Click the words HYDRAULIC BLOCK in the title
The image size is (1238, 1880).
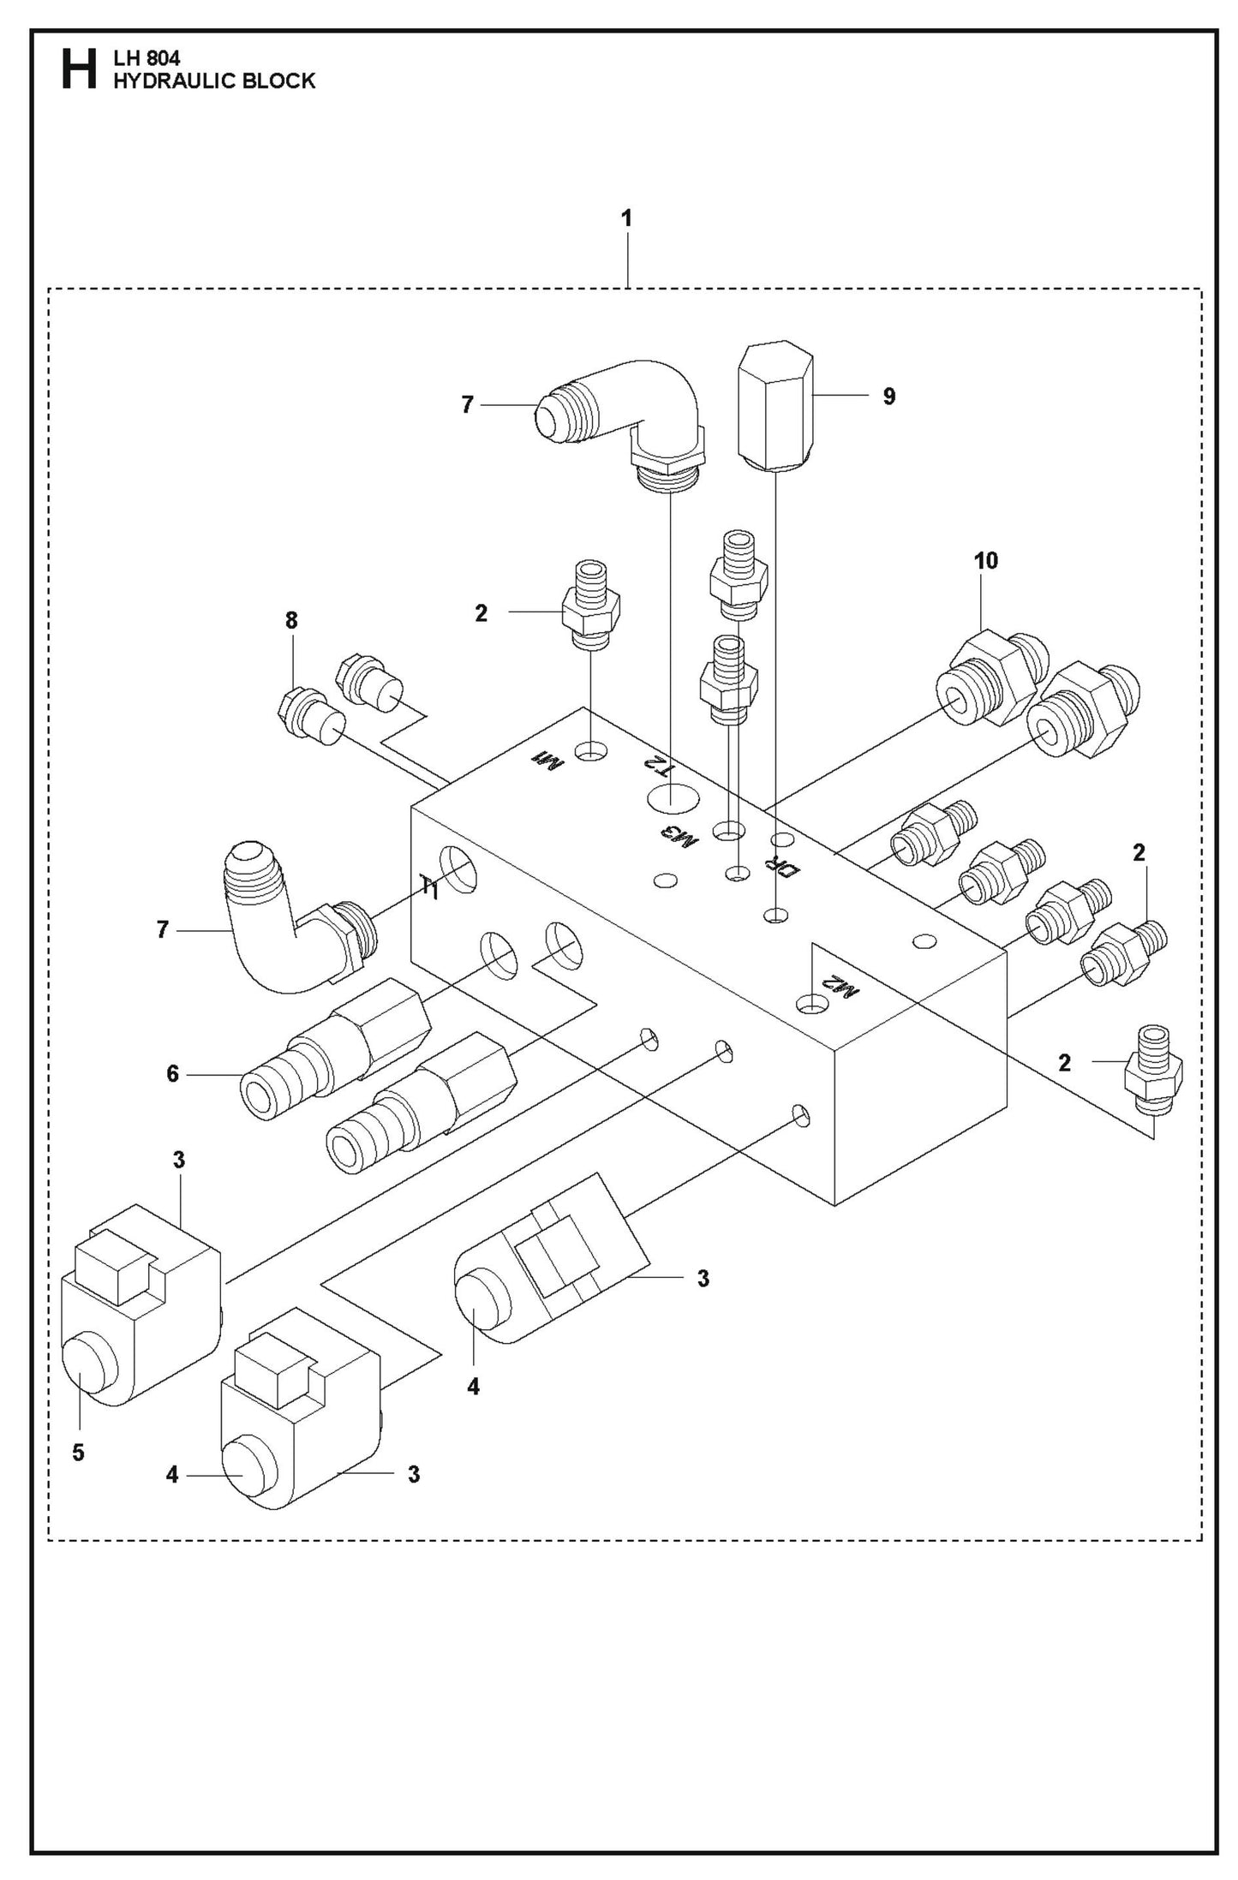pos(214,81)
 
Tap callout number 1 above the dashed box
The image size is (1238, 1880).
pos(626,218)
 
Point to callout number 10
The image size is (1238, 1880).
pos(985,561)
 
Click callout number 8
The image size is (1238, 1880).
pos(291,621)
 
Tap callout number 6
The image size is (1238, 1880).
pos(172,1073)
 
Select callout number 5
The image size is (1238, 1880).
pos(78,1453)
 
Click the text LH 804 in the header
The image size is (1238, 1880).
pos(146,60)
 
